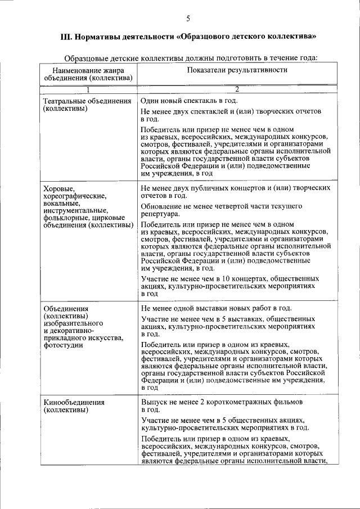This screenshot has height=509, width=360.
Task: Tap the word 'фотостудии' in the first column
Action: tap(62, 345)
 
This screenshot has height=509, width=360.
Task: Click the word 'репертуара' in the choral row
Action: tap(160, 214)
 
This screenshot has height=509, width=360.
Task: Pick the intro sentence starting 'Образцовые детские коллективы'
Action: tap(191, 57)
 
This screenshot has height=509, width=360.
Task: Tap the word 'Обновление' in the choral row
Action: tap(161, 206)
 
